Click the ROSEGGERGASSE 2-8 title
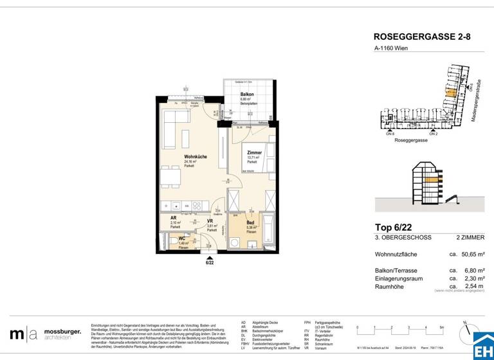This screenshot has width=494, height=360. click(421, 38)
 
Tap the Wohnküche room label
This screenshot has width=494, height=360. click(195, 157)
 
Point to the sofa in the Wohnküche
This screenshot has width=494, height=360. click(170, 129)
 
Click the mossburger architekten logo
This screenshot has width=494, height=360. click(45, 334)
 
